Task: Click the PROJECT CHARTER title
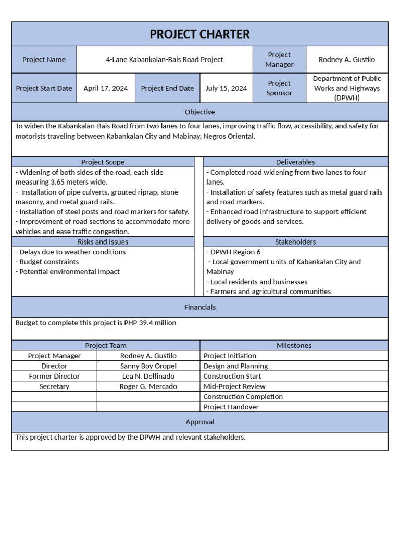199,34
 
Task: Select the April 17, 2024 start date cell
106,88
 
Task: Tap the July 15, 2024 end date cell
226,88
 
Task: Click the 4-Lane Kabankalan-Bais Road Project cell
165,59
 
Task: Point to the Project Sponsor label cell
279,88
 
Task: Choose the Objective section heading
199,112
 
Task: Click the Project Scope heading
103,162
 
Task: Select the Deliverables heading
295,162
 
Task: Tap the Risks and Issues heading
103,242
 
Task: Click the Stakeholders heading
295,242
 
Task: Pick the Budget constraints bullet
47,262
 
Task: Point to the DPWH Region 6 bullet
234,252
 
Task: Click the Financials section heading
199,307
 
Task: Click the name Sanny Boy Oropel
148,366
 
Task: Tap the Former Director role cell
54,376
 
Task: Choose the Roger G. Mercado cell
148,386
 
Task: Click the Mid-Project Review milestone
234,386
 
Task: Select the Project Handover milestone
231,407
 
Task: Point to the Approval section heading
199,422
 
